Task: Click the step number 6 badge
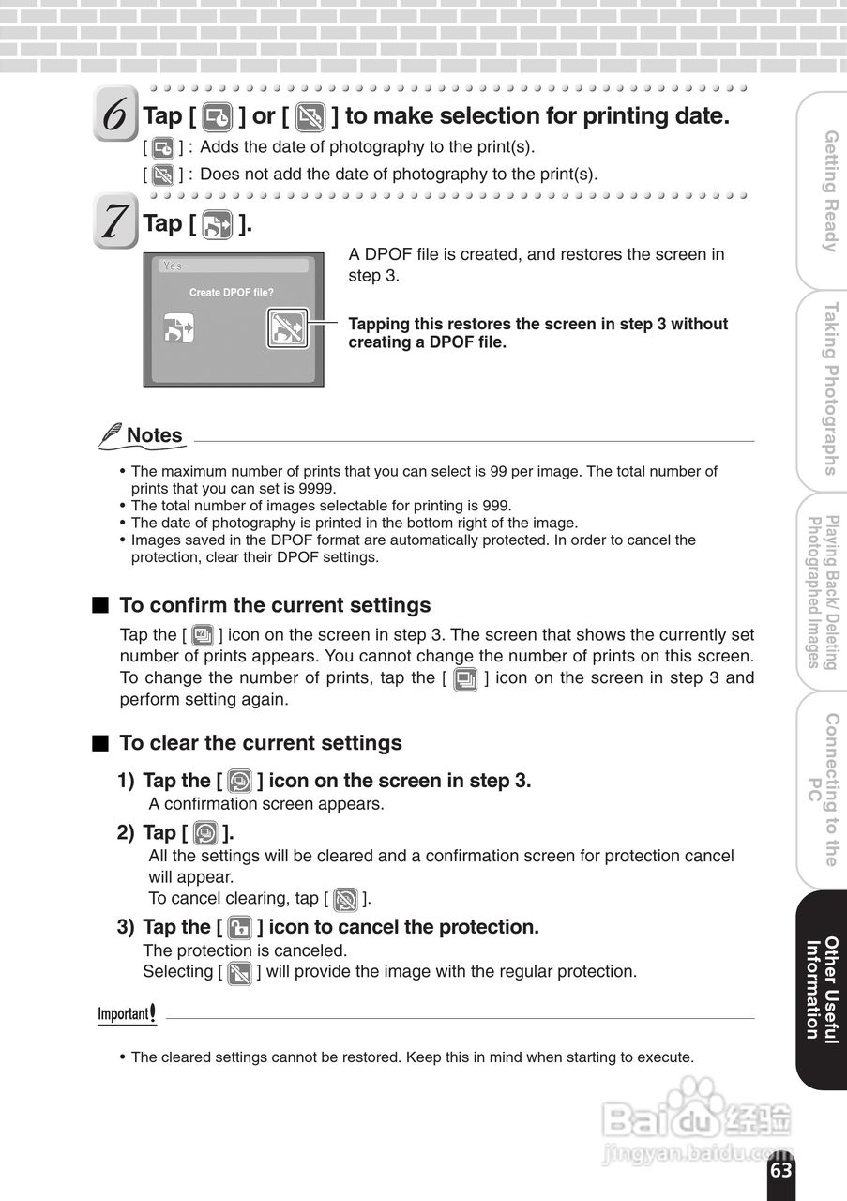pos(115,114)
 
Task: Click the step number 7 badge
pos(114,221)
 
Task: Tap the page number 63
pos(781,1170)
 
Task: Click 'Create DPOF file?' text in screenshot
pos(232,293)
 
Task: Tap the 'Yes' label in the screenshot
pos(173,266)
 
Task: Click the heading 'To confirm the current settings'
pos(275,605)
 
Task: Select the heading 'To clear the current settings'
pos(260,743)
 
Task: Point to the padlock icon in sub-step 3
pos(240,928)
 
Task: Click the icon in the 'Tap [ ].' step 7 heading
pos(218,225)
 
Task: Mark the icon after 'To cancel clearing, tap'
pos(345,899)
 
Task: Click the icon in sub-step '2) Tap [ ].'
pos(205,833)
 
